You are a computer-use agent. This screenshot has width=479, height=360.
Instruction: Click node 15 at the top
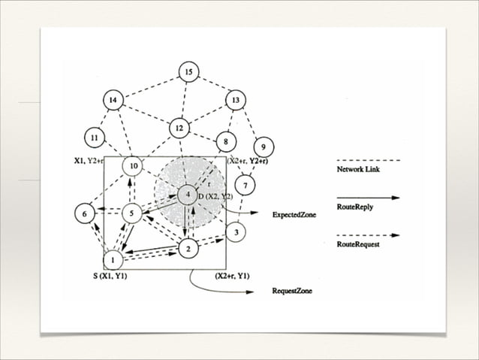188,72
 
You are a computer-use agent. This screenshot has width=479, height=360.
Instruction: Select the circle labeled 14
113,100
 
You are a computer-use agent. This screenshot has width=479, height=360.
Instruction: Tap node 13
236,100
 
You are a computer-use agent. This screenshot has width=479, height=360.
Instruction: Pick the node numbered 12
179,129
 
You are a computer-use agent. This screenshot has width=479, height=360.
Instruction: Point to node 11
94,139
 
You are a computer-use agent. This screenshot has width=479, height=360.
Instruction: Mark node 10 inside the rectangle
131,165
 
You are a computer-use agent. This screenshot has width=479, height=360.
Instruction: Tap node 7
245,185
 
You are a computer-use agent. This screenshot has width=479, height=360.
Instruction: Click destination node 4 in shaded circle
187,195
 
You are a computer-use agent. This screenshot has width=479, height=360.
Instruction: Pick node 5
131,213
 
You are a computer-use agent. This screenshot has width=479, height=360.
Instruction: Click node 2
189,249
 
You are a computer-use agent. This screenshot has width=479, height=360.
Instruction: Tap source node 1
113,260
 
